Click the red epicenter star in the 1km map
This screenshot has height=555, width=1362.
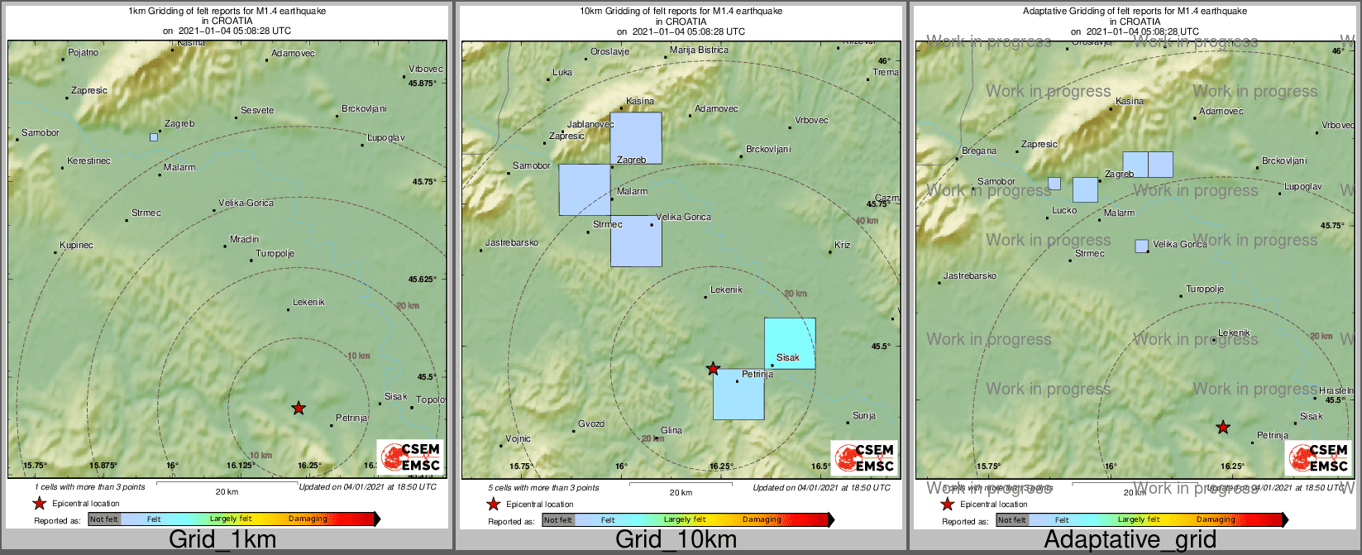(x=299, y=408)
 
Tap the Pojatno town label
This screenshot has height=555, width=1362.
(x=83, y=53)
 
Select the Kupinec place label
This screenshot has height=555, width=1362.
(x=76, y=246)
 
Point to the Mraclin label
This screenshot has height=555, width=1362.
(x=244, y=240)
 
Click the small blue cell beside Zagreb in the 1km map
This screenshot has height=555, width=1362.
(x=154, y=137)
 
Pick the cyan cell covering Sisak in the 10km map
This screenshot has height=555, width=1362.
(x=790, y=343)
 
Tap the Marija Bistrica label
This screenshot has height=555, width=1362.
(x=699, y=50)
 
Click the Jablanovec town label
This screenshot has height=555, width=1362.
(x=590, y=125)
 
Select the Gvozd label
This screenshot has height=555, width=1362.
(x=590, y=424)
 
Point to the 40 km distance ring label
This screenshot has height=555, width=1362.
(x=867, y=221)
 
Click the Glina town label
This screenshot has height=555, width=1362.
(x=671, y=431)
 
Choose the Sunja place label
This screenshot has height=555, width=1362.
(x=864, y=416)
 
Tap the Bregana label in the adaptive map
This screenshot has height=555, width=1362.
(x=979, y=151)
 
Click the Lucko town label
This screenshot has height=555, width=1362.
(x=1064, y=211)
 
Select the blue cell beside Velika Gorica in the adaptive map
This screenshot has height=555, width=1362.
(x=1141, y=246)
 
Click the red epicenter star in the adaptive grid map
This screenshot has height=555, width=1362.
(x=1223, y=428)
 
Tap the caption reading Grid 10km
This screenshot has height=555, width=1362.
(x=676, y=540)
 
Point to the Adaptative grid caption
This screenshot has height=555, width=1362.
(x=1130, y=540)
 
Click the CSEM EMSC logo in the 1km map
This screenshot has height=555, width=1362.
(x=410, y=457)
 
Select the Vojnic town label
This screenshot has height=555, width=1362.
(x=518, y=439)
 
